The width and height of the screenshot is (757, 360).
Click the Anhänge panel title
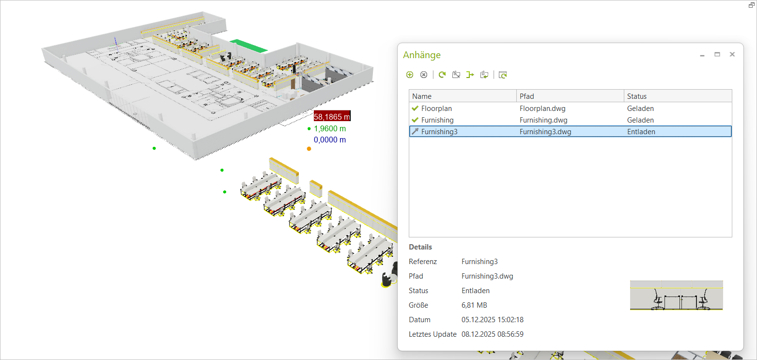(x=422, y=55)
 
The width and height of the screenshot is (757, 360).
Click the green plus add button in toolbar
(x=410, y=75)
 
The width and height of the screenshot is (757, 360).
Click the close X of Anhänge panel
(x=732, y=54)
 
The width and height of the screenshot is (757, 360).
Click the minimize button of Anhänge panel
(x=702, y=55)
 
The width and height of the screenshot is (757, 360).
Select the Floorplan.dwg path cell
(x=539, y=109)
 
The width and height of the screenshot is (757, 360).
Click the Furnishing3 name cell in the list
(x=439, y=131)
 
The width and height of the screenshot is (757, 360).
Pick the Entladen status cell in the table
(x=641, y=131)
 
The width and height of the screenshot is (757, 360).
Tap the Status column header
(x=636, y=96)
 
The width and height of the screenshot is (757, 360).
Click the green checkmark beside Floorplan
(x=415, y=109)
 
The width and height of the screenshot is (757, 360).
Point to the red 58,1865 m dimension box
(x=332, y=116)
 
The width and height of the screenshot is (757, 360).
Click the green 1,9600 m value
(x=330, y=129)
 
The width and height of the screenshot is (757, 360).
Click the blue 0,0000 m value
(x=330, y=140)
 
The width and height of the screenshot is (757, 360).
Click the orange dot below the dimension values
(x=309, y=149)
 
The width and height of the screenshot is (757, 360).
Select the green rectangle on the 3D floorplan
(x=248, y=46)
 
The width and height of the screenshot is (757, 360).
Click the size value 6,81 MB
(x=474, y=305)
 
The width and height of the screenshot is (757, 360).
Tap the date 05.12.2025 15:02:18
(x=492, y=320)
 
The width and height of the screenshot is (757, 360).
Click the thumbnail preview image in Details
(x=676, y=295)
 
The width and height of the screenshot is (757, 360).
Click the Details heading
(x=420, y=247)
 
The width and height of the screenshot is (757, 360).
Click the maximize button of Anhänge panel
(x=717, y=54)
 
